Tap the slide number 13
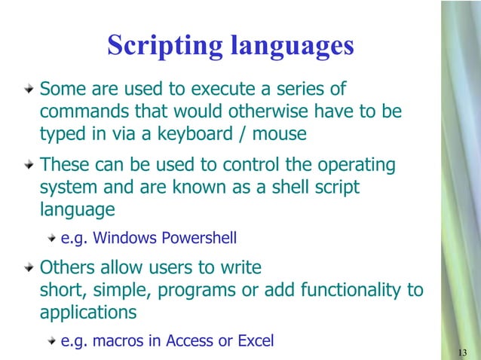(x=463, y=352)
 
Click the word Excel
(x=256, y=340)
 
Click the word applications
(x=88, y=313)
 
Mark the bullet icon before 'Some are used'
(x=29, y=90)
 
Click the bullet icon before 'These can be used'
(x=29, y=163)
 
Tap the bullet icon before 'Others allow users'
(x=29, y=267)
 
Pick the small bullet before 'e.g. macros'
(x=51, y=341)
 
